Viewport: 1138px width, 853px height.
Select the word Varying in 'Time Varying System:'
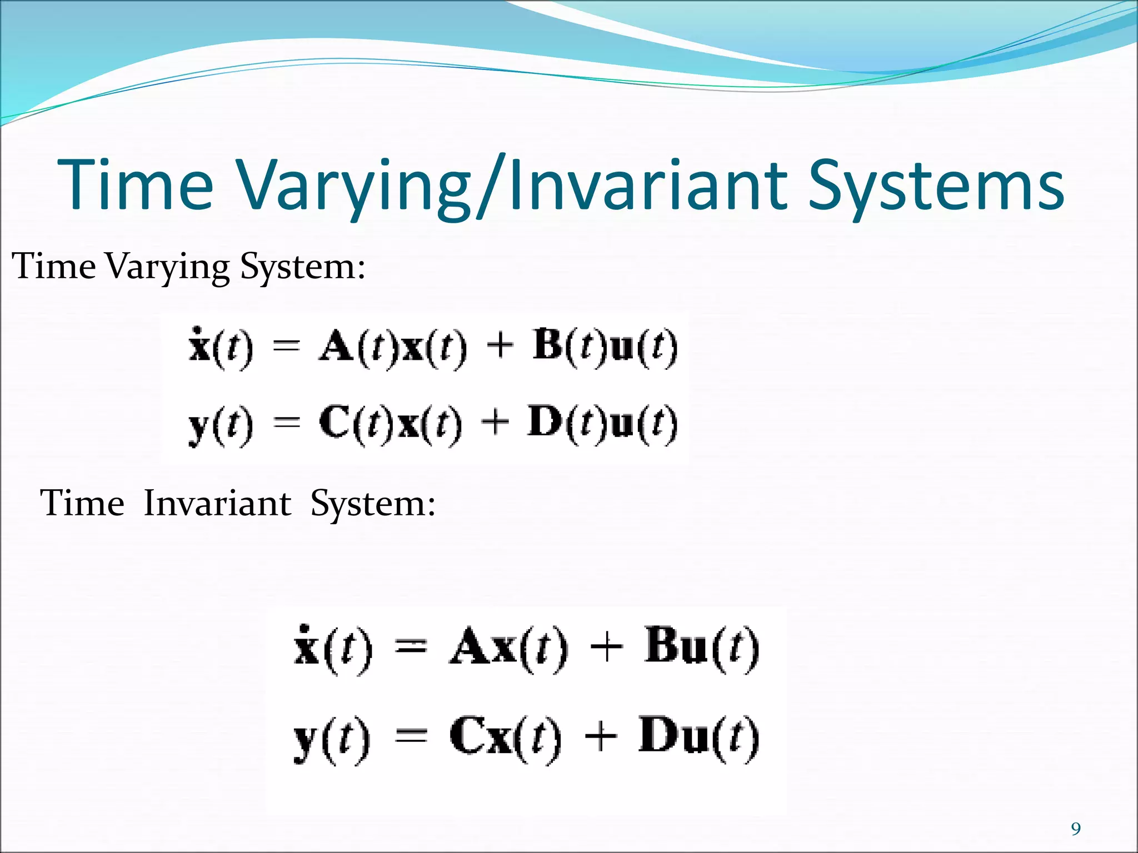(x=167, y=267)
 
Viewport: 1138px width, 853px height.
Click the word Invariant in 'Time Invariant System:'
(x=217, y=504)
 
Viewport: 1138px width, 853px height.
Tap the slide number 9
(x=1076, y=829)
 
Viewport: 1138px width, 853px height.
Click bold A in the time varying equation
(x=337, y=347)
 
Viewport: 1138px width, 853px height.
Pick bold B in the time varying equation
(x=549, y=345)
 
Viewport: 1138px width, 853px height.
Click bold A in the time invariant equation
(x=470, y=648)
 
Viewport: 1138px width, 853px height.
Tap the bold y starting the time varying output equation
(x=199, y=426)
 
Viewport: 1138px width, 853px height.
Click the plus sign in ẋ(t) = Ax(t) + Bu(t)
(x=606, y=648)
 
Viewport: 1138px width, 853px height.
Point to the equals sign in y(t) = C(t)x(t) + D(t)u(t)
(x=287, y=423)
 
